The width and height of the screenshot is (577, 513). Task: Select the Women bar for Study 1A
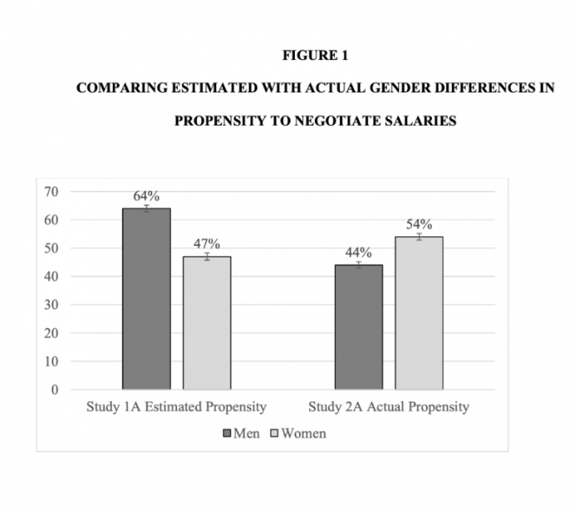tap(207, 323)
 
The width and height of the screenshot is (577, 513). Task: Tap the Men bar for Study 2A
tap(358, 327)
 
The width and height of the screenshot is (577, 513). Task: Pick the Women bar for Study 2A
tap(418, 313)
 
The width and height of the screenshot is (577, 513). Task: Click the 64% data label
tap(146, 196)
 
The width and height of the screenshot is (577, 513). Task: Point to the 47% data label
tap(207, 244)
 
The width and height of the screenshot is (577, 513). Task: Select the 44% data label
tap(358, 252)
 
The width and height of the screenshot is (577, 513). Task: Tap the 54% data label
tap(418, 224)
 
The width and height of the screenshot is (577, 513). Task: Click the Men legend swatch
tap(227, 434)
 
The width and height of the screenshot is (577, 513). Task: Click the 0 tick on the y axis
tap(54, 390)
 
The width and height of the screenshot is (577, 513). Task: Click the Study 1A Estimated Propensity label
tap(176, 407)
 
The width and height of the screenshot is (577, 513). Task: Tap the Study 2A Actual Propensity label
tap(389, 407)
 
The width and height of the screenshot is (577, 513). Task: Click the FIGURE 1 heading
tap(315, 56)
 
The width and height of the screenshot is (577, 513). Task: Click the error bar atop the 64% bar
tap(146, 208)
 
